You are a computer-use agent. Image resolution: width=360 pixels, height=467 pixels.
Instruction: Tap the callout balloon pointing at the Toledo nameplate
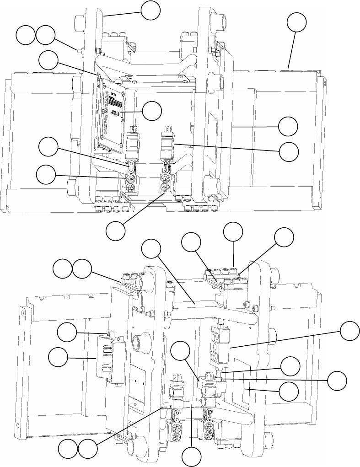(152, 111)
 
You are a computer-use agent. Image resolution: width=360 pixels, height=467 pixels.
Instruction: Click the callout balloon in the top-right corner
(296, 22)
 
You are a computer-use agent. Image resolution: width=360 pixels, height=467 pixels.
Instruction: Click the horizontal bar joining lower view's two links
(188, 404)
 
